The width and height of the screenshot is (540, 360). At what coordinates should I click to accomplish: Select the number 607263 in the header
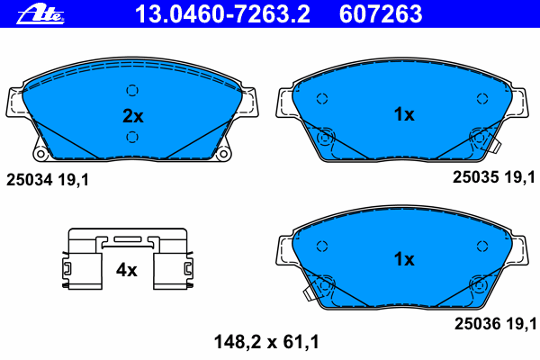pyautogui.click(x=379, y=13)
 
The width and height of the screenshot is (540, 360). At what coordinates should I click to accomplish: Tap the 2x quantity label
pyautogui.click(x=132, y=115)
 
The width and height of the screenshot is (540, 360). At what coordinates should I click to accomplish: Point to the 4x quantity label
pyautogui.click(x=126, y=269)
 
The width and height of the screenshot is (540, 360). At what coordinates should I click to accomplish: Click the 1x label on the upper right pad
pyautogui.click(x=403, y=114)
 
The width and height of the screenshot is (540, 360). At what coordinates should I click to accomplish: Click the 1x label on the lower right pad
pyautogui.click(x=403, y=259)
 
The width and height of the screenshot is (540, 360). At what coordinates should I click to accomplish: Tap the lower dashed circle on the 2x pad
pyautogui.click(x=132, y=137)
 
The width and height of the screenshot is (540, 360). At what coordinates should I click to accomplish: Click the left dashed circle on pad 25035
pyautogui.click(x=321, y=99)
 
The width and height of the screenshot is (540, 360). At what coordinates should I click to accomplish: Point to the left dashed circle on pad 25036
pyautogui.click(x=321, y=245)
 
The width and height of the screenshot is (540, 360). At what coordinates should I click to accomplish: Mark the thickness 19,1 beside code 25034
pyautogui.click(x=72, y=181)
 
